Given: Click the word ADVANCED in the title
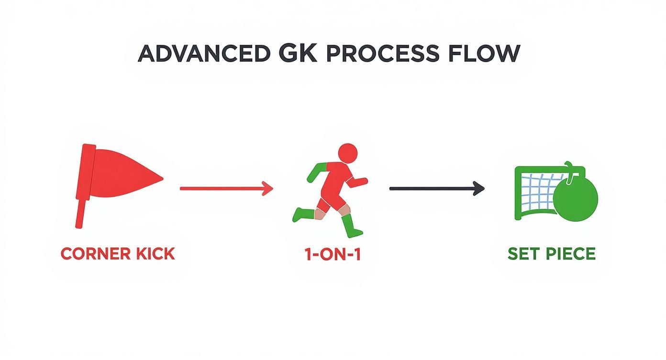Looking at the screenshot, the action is [204, 54].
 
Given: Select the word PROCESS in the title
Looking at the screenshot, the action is [383, 54].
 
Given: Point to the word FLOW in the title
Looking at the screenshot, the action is [484, 54].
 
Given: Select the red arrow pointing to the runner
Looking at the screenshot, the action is [226, 188].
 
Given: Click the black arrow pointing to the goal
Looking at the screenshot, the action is [437, 188].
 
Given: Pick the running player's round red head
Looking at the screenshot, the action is [347, 153].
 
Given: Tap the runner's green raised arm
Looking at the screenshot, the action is [316, 172].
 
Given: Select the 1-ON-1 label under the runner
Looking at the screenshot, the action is [333, 254].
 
